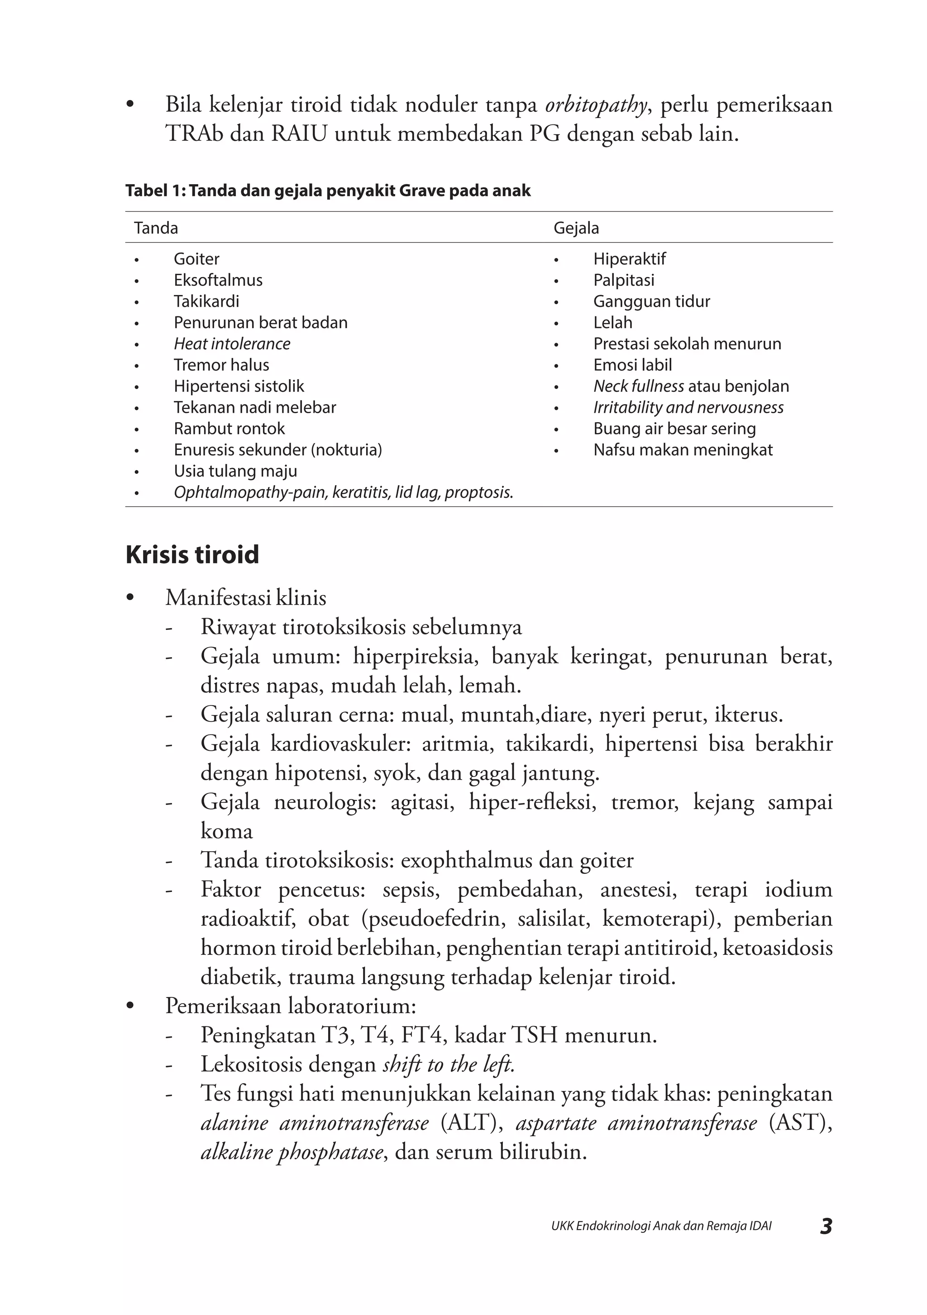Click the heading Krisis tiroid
pos(192,554)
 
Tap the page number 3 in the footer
pos(826,1226)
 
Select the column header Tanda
pos(156,228)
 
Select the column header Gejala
pos(576,228)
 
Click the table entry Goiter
pos(196,259)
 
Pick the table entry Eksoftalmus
pos(218,280)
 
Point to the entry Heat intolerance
pos(232,343)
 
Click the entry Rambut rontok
pos(229,429)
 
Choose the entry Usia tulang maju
pos(235,471)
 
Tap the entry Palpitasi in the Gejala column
pos(623,280)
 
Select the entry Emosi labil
pos(632,365)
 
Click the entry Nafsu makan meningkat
pos(683,450)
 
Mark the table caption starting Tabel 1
pos(328,191)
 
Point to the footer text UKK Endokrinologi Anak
pos(661,1226)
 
